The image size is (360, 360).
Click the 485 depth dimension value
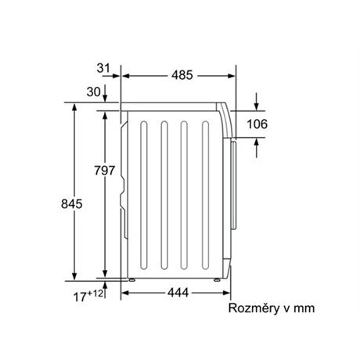click(x=182, y=75)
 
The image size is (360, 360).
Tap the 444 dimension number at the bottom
click(x=178, y=293)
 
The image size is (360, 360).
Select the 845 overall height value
click(x=72, y=203)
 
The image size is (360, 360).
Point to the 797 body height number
click(x=105, y=171)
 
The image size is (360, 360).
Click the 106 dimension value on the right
click(x=257, y=124)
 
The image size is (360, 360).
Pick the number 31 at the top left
click(x=103, y=68)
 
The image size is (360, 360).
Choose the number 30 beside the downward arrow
click(x=93, y=92)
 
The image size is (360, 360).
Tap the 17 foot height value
click(x=80, y=297)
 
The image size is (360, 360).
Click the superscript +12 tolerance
click(x=95, y=293)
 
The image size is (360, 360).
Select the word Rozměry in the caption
click(x=254, y=308)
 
